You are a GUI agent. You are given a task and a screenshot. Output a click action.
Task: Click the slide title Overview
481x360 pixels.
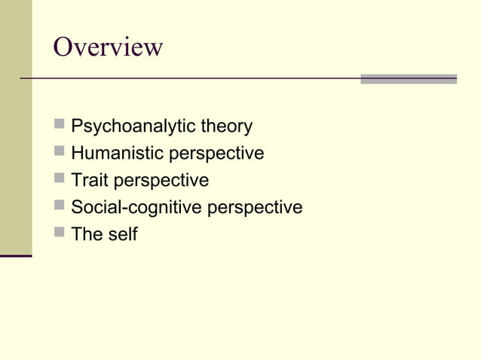click(x=108, y=47)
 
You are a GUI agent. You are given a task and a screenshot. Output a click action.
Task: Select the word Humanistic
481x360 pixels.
click(x=117, y=153)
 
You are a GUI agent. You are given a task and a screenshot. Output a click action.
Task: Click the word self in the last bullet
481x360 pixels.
click(x=121, y=234)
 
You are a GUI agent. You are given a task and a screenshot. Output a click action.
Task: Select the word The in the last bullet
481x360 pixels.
click(x=86, y=234)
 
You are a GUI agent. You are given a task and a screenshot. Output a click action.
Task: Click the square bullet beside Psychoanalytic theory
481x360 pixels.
click(x=60, y=124)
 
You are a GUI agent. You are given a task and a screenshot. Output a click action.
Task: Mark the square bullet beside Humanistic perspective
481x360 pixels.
click(x=60, y=151)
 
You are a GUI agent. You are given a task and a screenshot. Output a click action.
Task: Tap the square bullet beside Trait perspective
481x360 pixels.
click(x=60, y=178)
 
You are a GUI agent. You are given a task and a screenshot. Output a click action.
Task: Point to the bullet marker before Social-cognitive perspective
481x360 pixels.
click(x=60, y=206)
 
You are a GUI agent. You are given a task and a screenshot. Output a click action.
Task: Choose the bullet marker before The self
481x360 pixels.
click(x=60, y=233)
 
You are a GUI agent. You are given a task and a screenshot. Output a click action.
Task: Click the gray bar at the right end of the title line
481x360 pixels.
click(x=408, y=78)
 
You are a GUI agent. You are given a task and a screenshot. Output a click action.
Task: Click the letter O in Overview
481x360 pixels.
click(x=66, y=47)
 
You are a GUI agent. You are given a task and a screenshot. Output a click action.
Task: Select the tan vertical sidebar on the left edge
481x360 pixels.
click(x=16, y=128)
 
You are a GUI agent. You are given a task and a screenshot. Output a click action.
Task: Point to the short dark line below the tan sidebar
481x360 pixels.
click(x=16, y=256)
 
